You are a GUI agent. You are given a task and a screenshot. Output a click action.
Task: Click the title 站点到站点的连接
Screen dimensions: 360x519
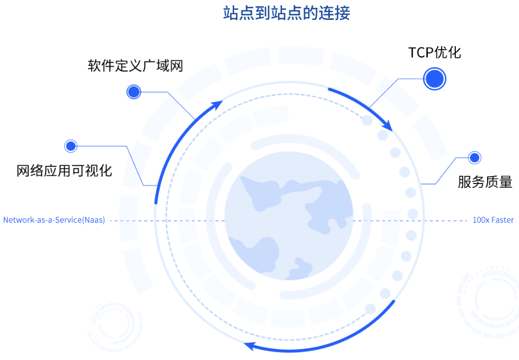pos(287,13)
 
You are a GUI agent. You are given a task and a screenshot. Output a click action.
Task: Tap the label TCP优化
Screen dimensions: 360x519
pos(435,53)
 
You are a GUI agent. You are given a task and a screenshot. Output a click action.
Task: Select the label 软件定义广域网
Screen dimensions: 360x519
pos(135,65)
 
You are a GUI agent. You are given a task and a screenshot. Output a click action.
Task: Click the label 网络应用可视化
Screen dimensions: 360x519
pos(64,170)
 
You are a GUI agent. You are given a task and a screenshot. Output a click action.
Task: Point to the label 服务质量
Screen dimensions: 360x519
pos(485,182)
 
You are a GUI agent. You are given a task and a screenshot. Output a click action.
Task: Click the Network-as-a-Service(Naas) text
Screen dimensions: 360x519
pos(54,220)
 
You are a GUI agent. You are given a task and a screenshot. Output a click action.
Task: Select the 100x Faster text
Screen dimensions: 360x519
pos(493,220)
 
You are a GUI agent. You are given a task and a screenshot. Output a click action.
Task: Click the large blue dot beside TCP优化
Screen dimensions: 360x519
pos(434,79)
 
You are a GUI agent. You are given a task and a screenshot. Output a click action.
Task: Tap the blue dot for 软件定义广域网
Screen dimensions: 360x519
pos(134,91)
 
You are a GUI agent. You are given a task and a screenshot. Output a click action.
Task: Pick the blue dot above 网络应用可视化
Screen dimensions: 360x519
pos(71,146)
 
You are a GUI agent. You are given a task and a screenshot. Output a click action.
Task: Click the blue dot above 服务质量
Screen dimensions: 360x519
pos(474,157)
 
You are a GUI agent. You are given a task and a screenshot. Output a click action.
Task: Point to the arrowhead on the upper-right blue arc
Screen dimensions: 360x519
pos(387,124)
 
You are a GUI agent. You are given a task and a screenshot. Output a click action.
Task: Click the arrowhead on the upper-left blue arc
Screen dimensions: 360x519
pos(216,105)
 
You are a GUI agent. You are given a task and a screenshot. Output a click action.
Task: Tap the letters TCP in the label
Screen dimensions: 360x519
pos(419,53)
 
